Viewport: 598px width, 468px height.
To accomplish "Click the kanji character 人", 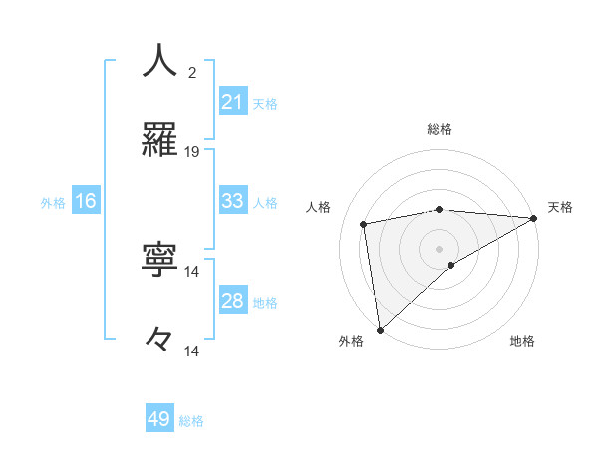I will (x=159, y=61).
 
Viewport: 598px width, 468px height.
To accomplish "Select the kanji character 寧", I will (x=159, y=260).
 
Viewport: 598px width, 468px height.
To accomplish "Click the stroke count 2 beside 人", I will (x=192, y=72).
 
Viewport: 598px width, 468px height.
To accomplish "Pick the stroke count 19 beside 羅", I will (x=192, y=151).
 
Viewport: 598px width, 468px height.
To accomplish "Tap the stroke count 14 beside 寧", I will (x=192, y=271).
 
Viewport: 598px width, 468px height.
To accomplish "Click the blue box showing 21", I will (x=232, y=102).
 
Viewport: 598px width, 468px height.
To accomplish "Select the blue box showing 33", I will (x=232, y=201).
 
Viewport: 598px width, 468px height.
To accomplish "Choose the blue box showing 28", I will (x=232, y=302).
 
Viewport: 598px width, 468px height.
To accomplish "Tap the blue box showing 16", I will (x=86, y=201).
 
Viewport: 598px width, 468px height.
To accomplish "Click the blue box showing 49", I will (x=159, y=419).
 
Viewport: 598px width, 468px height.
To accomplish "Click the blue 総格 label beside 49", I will (x=191, y=421).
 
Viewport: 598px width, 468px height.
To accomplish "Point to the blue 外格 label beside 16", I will (x=53, y=203).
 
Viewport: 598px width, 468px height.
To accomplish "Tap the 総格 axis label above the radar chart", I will (x=440, y=129).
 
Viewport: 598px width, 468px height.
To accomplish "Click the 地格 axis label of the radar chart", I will (x=522, y=341).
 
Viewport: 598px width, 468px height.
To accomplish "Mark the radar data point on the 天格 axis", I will (x=534, y=218).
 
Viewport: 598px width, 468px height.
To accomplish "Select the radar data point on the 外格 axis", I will (x=380, y=329).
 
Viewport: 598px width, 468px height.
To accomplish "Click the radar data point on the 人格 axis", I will (x=365, y=224).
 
